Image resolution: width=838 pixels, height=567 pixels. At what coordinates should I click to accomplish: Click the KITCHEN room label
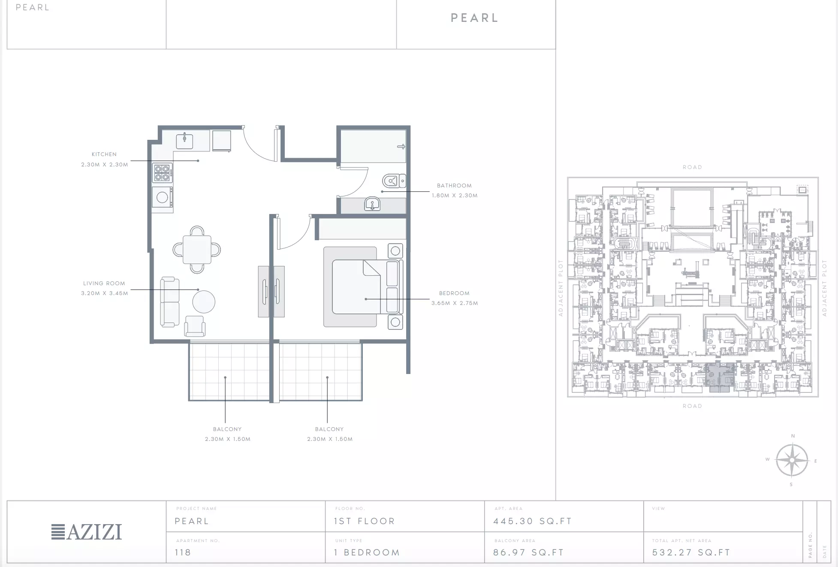tap(104, 154)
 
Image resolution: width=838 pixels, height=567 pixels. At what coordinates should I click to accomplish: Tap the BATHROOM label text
tap(454, 186)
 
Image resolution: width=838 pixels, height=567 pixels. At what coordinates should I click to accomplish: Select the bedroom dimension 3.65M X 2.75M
tap(455, 303)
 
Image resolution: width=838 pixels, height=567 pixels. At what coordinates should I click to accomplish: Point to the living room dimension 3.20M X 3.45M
tap(105, 293)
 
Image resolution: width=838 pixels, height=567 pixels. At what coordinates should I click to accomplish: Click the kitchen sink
tap(184, 141)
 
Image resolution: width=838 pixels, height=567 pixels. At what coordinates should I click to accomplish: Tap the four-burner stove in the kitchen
tap(163, 173)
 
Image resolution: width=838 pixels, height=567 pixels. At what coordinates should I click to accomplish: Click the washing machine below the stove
tap(163, 197)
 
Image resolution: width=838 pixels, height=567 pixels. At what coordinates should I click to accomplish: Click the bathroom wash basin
tap(372, 204)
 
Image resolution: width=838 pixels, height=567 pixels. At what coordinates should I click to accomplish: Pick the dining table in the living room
tap(197, 250)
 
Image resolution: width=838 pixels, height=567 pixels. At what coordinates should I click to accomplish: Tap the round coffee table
tap(204, 302)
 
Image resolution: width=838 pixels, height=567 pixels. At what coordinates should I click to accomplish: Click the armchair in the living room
tap(195, 326)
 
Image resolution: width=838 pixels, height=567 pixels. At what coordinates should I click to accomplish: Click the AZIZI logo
tap(87, 532)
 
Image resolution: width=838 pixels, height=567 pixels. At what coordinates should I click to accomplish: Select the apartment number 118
tap(183, 552)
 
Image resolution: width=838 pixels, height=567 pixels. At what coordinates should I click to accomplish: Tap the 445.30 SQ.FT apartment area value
tap(533, 521)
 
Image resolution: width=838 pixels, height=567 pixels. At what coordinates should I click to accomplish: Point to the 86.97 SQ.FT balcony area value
tap(528, 552)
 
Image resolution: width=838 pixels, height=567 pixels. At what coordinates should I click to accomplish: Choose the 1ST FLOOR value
tap(365, 521)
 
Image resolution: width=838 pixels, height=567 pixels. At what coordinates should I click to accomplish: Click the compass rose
tap(792, 461)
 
